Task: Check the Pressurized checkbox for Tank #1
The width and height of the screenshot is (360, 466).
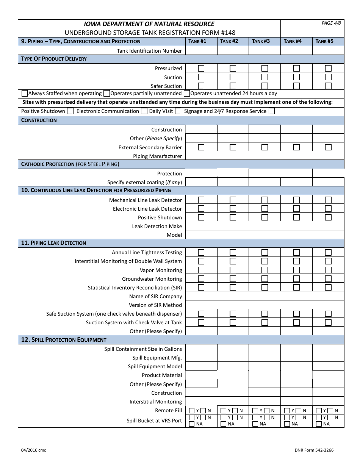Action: coord(201,68)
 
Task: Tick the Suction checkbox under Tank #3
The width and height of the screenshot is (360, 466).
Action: coord(265,77)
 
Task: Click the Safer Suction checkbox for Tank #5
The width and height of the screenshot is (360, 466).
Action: coord(328,86)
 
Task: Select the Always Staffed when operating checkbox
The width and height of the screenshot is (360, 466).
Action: coord(25,93)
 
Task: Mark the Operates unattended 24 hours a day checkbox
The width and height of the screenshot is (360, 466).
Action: coord(187,93)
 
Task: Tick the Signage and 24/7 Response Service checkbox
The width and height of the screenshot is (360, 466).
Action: coord(271,111)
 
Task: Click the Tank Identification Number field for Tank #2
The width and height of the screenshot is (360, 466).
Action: coord(233,51)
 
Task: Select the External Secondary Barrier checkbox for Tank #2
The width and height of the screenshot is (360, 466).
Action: coord(233,147)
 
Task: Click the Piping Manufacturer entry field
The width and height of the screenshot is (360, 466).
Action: coord(265,156)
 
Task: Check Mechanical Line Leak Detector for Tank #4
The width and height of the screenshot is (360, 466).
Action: coord(296,200)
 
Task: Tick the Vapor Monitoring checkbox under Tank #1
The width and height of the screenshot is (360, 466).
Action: coord(201,270)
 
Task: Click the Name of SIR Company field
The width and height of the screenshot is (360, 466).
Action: coord(265,296)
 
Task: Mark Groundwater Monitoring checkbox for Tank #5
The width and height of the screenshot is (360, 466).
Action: coord(328,279)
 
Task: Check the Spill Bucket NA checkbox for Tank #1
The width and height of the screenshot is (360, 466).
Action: coord(192,424)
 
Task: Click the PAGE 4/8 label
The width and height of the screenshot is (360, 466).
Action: coord(331,23)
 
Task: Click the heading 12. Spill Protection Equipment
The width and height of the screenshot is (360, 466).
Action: coord(64,340)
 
